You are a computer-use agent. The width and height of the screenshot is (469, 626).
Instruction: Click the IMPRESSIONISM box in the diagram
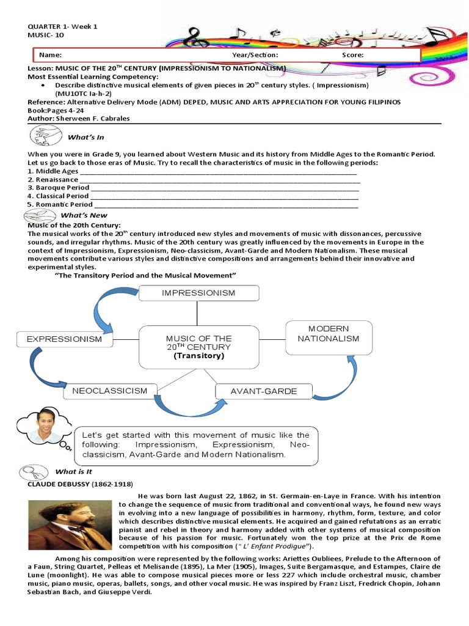click(198, 293)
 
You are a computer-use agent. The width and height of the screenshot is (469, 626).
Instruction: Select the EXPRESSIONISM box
click(64, 339)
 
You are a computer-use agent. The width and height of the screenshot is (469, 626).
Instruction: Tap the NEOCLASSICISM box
click(110, 391)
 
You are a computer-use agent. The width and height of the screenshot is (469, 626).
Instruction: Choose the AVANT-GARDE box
click(264, 391)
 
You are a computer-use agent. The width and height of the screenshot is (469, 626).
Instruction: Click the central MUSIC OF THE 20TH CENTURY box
click(198, 346)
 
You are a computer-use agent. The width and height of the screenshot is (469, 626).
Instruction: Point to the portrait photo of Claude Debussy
click(70, 525)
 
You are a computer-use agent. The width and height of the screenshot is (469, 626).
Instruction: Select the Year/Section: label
click(255, 55)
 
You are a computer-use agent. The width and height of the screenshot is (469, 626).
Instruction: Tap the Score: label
click(352, 55)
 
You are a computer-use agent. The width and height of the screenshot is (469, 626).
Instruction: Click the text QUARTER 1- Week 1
click(62, 27)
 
